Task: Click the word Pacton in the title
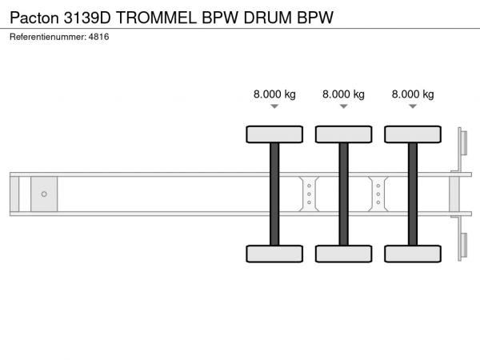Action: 34,18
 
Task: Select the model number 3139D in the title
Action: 87,18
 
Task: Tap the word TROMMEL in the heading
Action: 156,18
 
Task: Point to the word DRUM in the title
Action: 267,18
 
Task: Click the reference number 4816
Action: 98,37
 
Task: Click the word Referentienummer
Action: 48,37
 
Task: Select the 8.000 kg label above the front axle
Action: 274,94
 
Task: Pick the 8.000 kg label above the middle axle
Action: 343,94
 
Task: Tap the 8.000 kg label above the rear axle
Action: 413,94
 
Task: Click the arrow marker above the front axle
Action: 274,106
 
